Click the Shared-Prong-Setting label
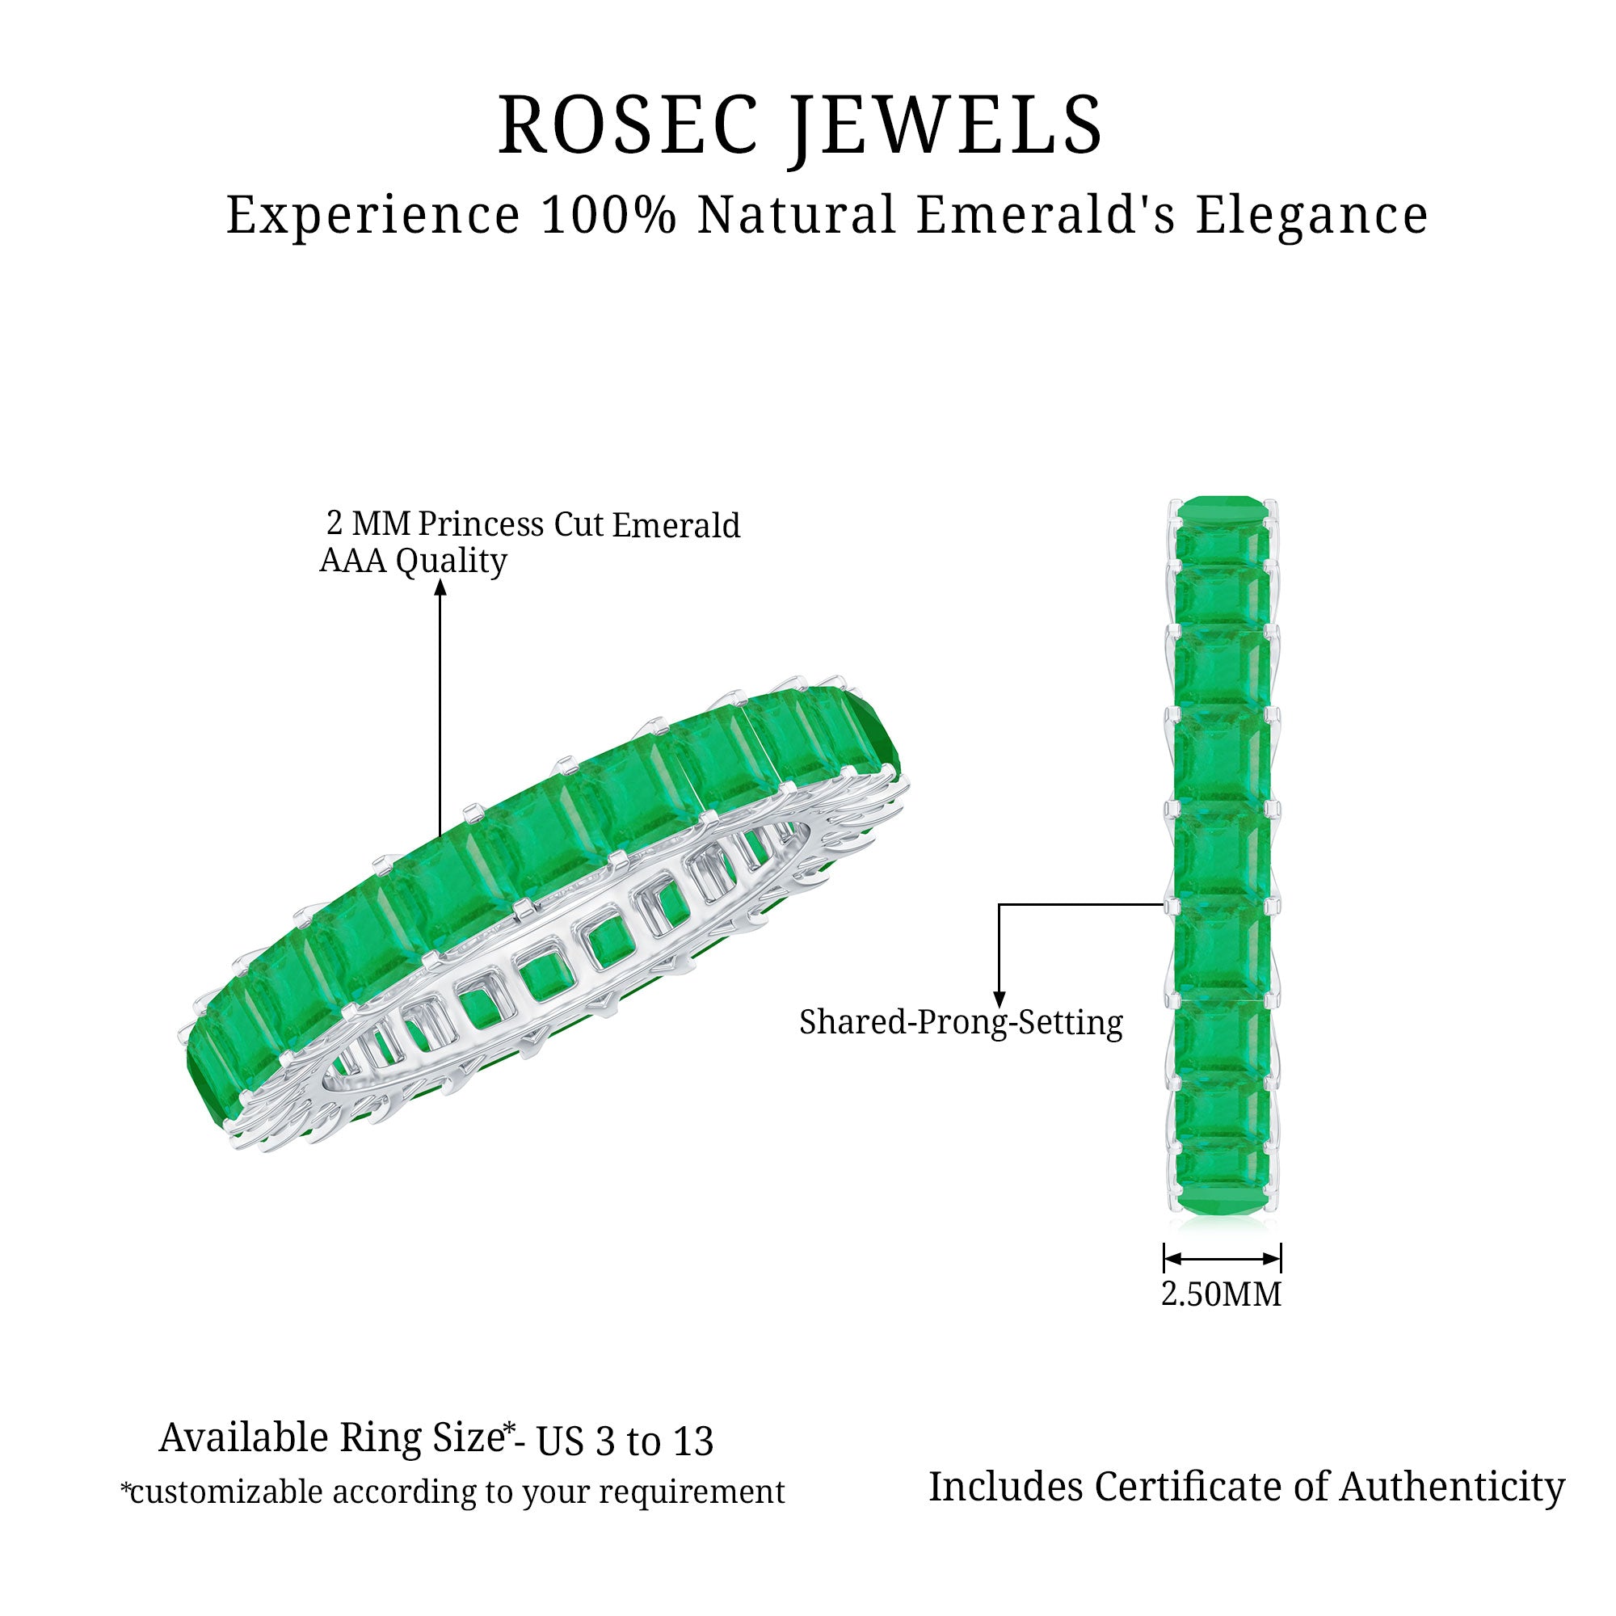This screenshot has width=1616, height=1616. tap(960, 1023)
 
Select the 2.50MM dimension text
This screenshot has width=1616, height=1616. tap(1220, 1294)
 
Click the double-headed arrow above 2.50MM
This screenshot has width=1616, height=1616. tap(1221, 1259)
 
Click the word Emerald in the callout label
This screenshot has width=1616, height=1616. tap(675, 525)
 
